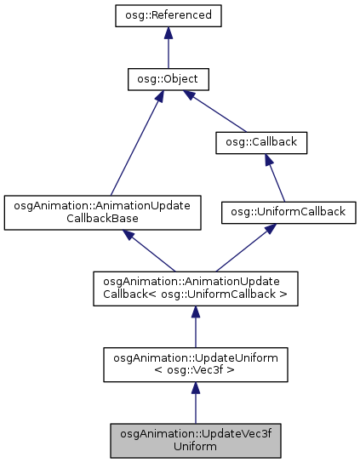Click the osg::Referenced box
click(169, 15)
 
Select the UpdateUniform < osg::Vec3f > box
click(195, 362)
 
